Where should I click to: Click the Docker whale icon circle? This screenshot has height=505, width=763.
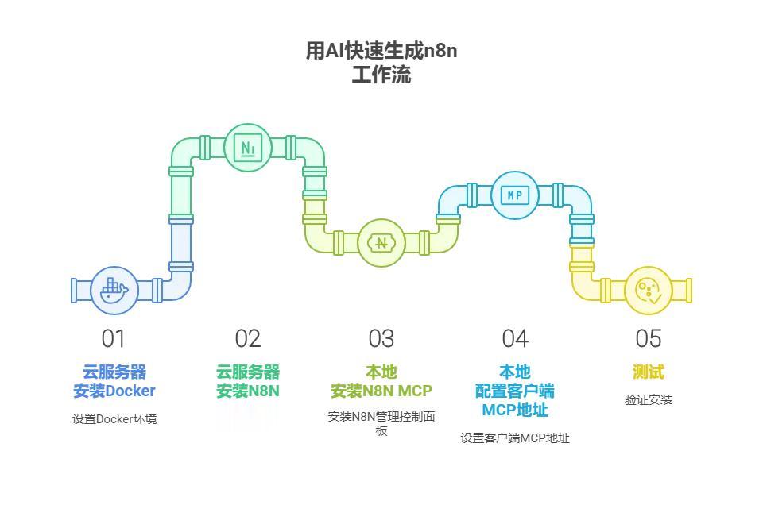114,291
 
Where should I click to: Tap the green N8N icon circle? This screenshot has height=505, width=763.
248,148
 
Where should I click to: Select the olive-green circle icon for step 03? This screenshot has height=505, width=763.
381,243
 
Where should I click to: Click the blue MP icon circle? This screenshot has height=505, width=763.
515,195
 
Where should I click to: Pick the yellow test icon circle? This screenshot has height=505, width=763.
649,291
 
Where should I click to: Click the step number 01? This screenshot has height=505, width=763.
114,339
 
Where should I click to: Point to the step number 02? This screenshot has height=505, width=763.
248,339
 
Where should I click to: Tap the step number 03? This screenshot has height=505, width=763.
381,339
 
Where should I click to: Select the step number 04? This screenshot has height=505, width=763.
515,339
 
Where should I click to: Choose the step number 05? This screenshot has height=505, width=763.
649,339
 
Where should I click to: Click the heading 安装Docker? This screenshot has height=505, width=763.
114,391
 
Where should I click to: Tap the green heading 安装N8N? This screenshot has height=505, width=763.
248,391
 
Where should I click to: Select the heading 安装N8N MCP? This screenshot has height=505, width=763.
381,391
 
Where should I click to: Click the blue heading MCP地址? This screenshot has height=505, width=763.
515,410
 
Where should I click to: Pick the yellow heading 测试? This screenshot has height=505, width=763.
649,372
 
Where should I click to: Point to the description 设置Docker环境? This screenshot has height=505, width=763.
114,419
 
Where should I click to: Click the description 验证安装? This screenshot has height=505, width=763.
649,400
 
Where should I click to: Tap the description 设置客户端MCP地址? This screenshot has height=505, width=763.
515,438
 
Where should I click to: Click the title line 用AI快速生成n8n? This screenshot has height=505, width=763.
381,51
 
